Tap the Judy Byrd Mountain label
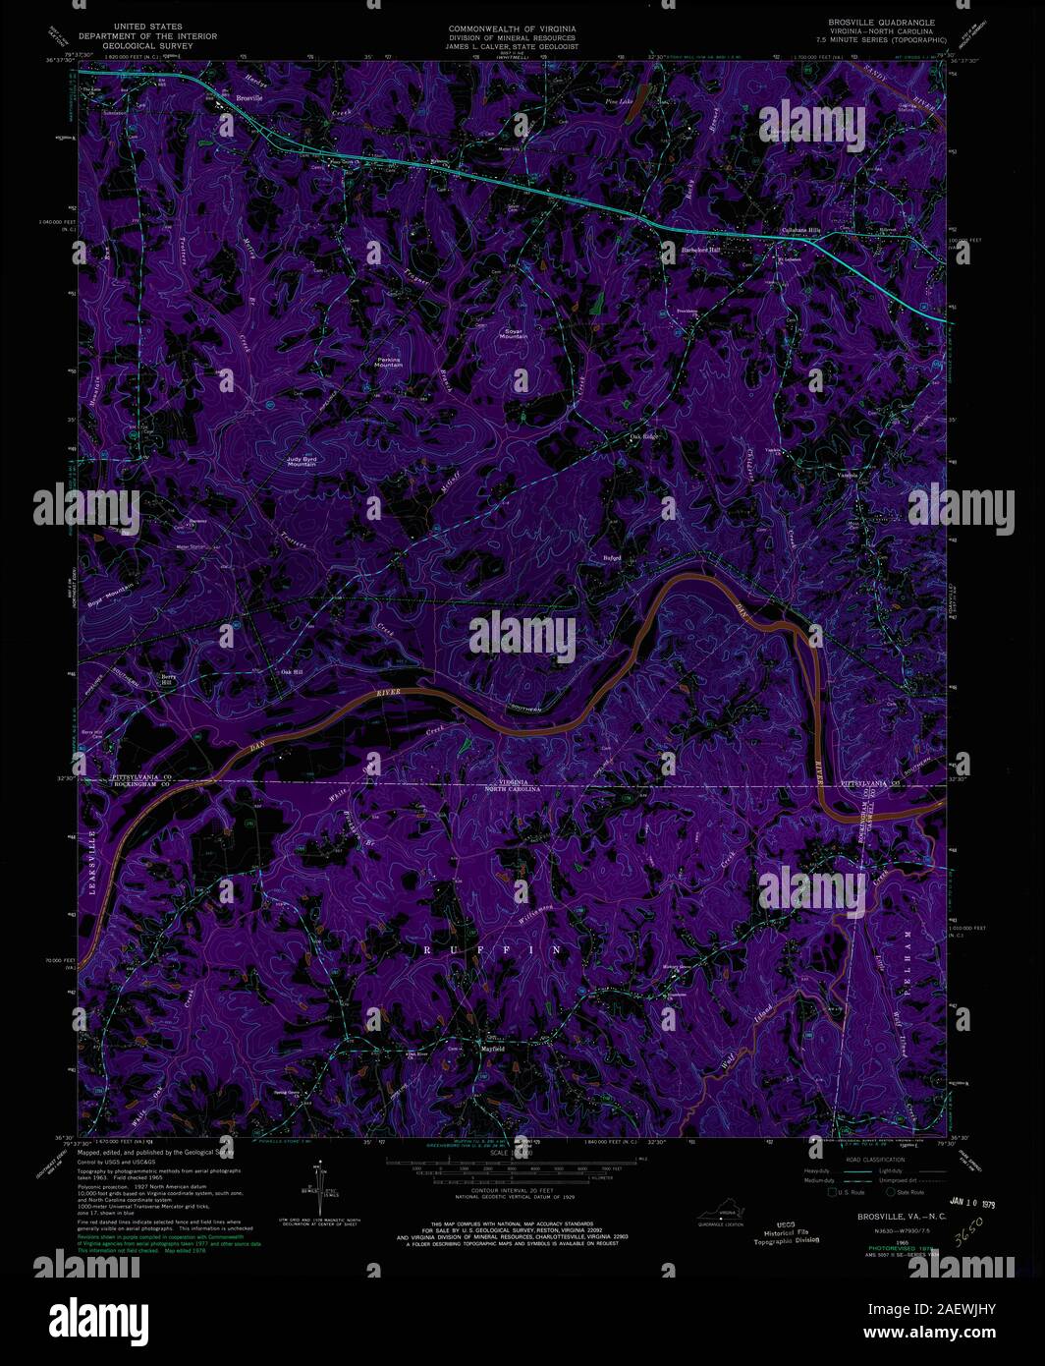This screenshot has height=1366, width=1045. tap(302, 460)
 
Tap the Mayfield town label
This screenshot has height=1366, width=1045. tap(491, 1050)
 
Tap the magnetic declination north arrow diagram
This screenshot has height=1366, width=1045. tap(319, 1189)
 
